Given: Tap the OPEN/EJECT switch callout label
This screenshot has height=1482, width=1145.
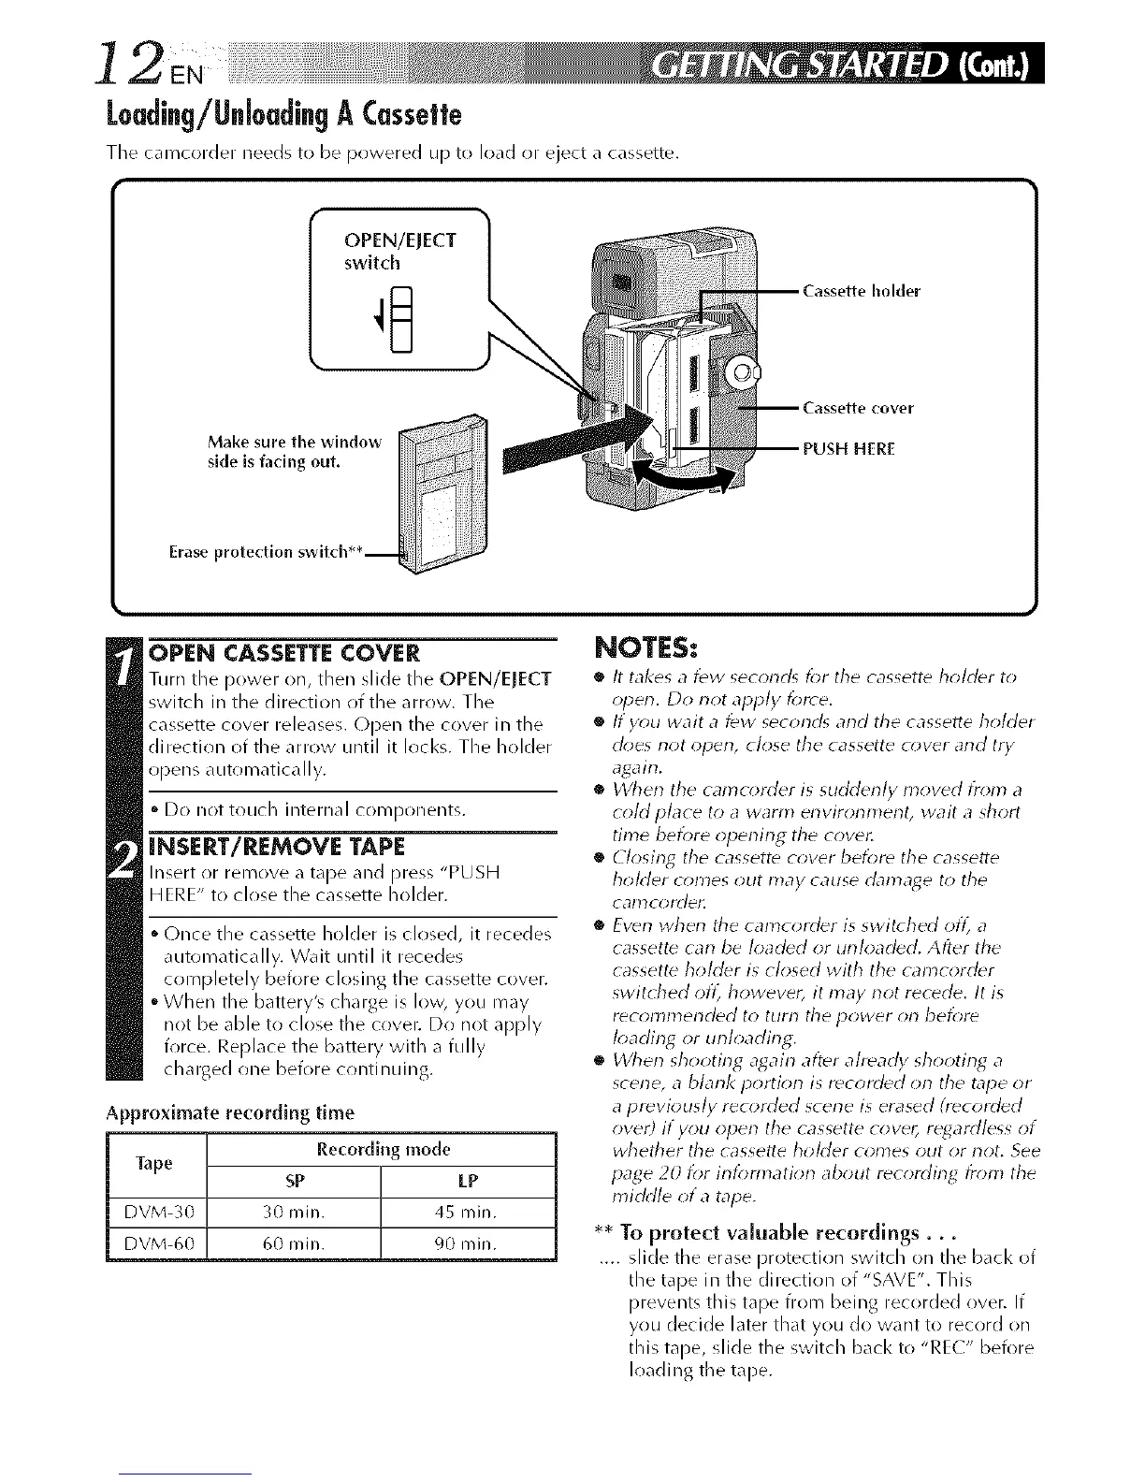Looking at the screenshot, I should [399, 251].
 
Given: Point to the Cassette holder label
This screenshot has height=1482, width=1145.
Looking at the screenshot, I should [862, 291].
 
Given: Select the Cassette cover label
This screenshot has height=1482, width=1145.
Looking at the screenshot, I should [858, 408].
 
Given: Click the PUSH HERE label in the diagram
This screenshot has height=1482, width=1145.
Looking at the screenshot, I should [848, 448].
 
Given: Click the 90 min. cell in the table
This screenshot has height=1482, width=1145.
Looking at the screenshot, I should [468, 1244].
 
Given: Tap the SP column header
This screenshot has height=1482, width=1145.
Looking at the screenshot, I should [294, 1182].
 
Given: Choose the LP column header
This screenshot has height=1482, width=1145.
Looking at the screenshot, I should [468, 1182].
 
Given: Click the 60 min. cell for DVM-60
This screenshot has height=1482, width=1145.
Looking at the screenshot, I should [294, 1244].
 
